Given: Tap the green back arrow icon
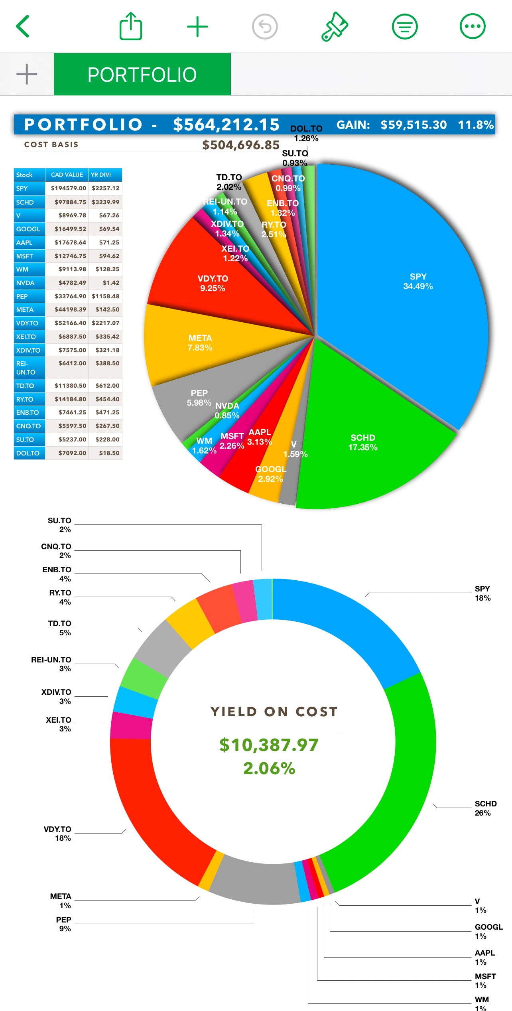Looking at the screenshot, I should [23, 26].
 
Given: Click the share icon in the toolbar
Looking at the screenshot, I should [131, 26].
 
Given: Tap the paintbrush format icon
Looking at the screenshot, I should [335, 26].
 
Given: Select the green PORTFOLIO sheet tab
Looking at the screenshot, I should [142, 75].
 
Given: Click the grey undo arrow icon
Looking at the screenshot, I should [265, 26].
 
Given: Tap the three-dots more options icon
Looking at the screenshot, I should [473, 26].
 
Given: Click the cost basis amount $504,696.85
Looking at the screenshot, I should [240, 145].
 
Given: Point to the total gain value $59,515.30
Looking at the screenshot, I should [414, 125].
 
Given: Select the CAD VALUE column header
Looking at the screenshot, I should [67, 175].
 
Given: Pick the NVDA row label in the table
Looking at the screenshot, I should [25, 283].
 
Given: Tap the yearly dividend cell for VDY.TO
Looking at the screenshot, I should [105, 323].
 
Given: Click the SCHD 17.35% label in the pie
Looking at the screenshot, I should [363, 443].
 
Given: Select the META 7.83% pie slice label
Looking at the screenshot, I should [200, 343].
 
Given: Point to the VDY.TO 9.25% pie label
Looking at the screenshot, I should [213, 283].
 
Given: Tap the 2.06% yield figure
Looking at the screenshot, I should [269, 768].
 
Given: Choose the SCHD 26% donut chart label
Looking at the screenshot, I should [485, 808].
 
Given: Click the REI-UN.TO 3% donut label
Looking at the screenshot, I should [51, 664].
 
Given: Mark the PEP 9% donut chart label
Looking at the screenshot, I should [64, 924].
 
